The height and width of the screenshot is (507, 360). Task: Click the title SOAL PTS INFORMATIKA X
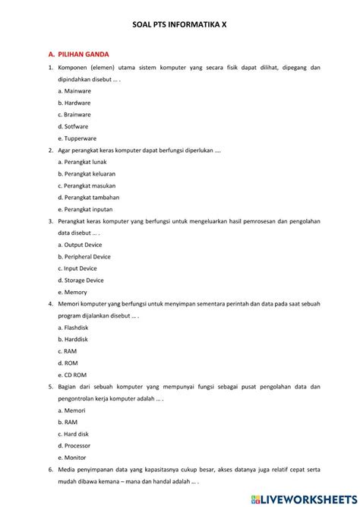click(x=180, y=25)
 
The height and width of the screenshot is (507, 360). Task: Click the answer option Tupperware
click(x=79, y=138)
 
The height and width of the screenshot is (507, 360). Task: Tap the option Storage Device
click(x=84, y=280)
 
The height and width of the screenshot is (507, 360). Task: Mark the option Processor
click(x=77, y=446)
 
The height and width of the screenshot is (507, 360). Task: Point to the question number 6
click(x=49, y=470)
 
